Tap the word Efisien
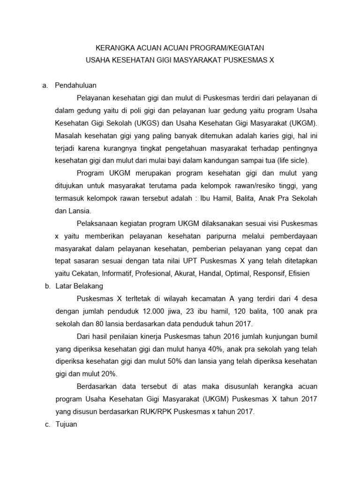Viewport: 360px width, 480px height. point(306,273)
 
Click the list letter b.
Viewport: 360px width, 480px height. point(47,285)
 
